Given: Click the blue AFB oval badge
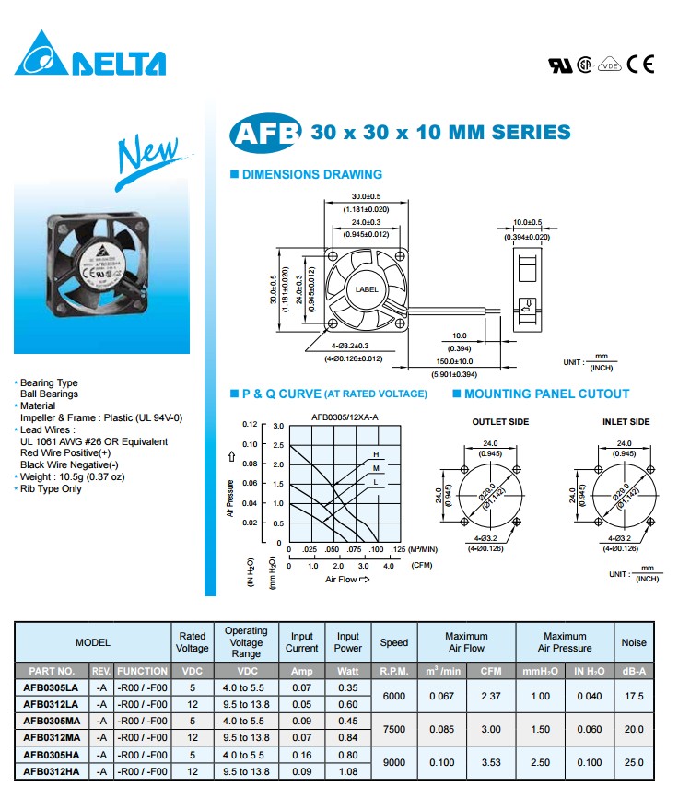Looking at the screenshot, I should click(x=265, y=133).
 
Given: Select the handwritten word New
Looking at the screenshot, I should click(x=147, y=155).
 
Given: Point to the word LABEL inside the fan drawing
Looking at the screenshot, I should click(x=367, y=289).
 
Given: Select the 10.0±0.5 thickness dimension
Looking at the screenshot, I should click(x=527, y=222).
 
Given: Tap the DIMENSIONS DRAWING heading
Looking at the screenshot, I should click(x=311, y=174).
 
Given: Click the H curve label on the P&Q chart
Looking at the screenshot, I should click(x=376, y=455).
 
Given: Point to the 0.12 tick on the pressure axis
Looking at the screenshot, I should click(x=250, y=425).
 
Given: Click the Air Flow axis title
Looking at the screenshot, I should click(x=346, y=580).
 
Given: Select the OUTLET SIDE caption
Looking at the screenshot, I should click(x=500, y=422).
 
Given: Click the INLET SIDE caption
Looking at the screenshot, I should click(x=626, y=422).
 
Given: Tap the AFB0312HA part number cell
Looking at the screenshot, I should click(x=52, y=770).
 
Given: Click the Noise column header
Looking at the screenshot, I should click(x=633, y=642).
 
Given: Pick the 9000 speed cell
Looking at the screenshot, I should click(x=393, y=762).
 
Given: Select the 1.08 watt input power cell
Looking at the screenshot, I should click(x=348, y=770).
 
